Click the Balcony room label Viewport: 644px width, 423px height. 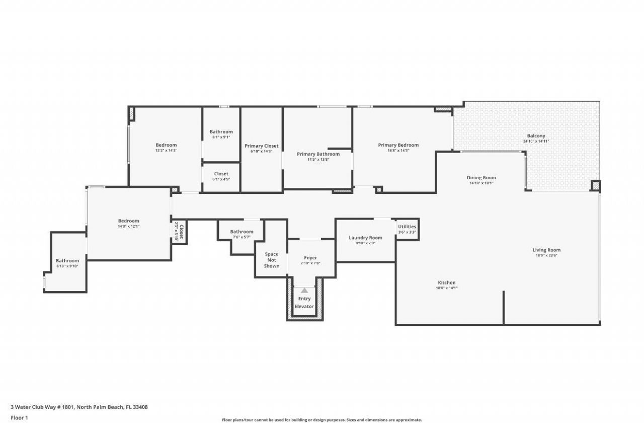click(536, 136)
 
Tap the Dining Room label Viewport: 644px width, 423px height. click(481, 178)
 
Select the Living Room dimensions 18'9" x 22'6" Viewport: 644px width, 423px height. click(546, 255)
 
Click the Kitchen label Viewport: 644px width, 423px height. click(446, 283)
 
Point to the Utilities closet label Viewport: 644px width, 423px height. click(407, 227)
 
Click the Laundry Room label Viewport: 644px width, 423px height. click(365, 238)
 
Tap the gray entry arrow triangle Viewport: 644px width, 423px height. click(304, 291)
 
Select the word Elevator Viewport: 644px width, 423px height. click(304, 306)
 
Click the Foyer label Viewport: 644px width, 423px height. click(310, 258)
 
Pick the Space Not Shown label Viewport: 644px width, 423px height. click(272, 260)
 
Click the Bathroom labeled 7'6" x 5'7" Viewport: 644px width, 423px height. click(242, 232)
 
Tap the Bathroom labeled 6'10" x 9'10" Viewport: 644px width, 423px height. click(67, 261)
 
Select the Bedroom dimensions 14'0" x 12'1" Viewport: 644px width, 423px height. click(129, 227)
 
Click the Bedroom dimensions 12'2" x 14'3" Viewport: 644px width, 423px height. click(166, 151)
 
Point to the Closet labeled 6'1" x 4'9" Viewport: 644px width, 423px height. click(221, 174)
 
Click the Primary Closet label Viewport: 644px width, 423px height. click(261, 146)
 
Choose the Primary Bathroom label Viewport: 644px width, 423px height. click(318, 154)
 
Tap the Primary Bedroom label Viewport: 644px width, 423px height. click(398, 145)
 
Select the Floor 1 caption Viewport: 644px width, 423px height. click(19, 417)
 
